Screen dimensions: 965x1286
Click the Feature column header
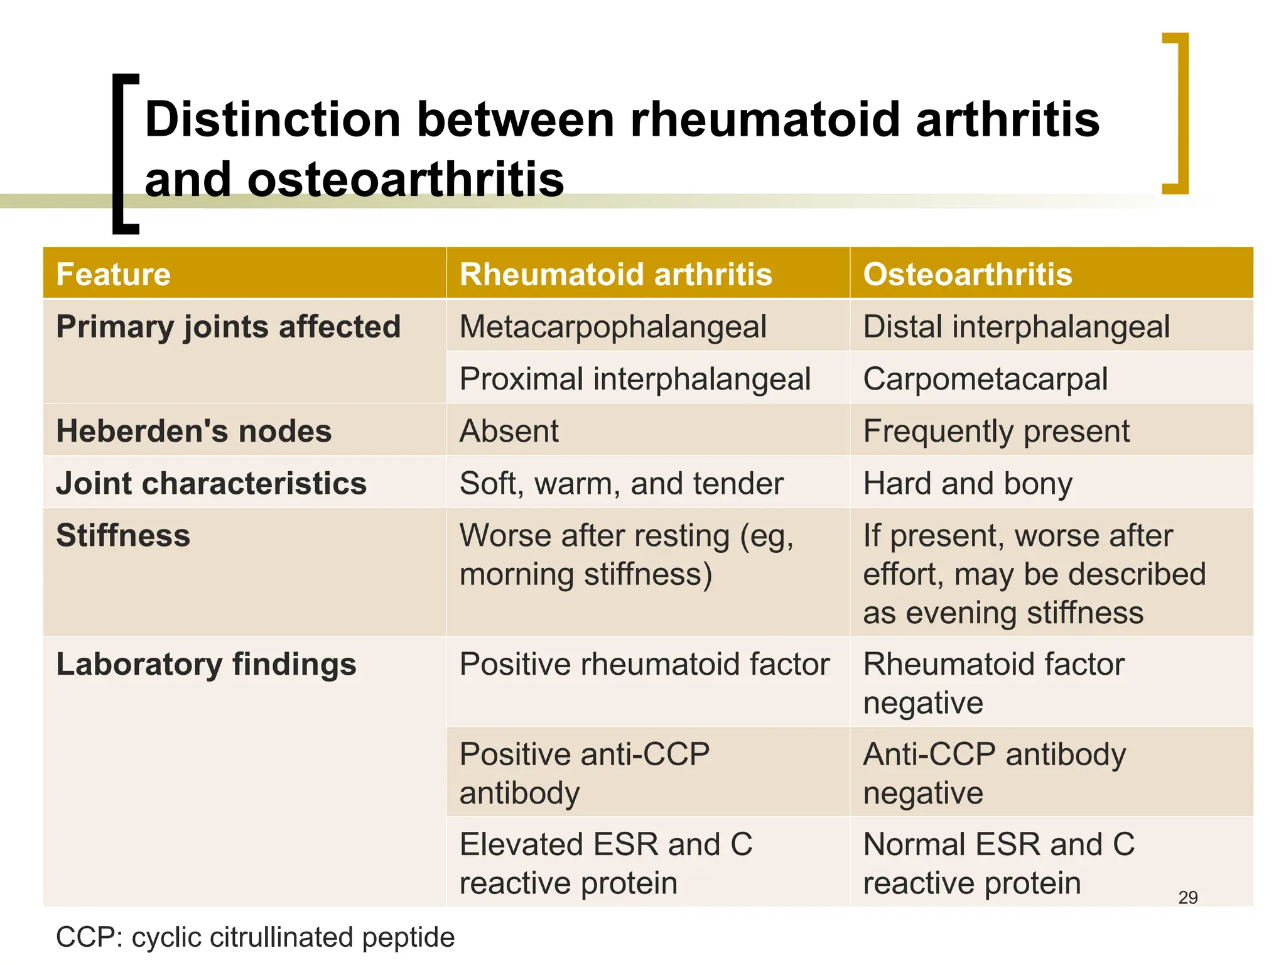click(114, 275)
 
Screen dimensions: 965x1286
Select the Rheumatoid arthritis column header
click(615, 275)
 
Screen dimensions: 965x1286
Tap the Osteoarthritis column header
click(967, 275)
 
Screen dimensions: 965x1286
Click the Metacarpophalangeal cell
click(613, 327)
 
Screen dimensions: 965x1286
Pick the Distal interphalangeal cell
click(1016, 327)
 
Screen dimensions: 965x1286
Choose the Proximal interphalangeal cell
click(635, 379)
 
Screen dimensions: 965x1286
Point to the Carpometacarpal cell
click(985, 379)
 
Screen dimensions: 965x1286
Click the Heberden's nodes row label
click(193, 432)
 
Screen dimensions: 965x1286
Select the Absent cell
click(509, 432)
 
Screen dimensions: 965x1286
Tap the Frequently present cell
click(996, 432)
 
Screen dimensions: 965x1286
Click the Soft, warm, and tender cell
click(621, 484)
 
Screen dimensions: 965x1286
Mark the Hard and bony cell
click(967, 484)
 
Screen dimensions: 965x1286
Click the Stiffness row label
click(123, 536)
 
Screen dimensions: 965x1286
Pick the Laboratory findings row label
click(206, 665)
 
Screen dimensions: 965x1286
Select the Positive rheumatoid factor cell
click(644, 665)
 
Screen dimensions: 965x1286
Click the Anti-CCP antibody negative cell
click(994, 773)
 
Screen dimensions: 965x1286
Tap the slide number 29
click(1187, 897)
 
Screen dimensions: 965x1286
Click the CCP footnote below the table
click(255, 937)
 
